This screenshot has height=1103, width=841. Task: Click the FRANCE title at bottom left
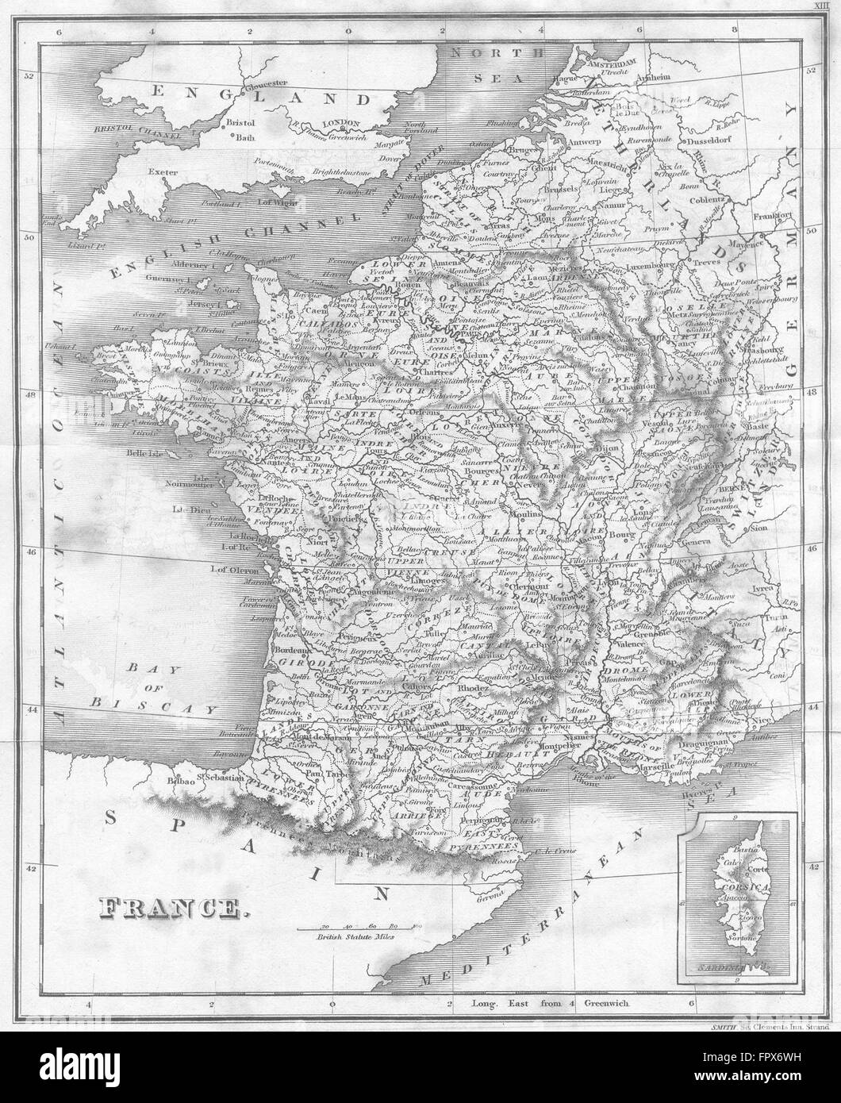coord(171,908)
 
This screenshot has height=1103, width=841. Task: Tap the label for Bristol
coord(239,123)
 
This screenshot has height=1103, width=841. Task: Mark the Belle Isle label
coord(142,455)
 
